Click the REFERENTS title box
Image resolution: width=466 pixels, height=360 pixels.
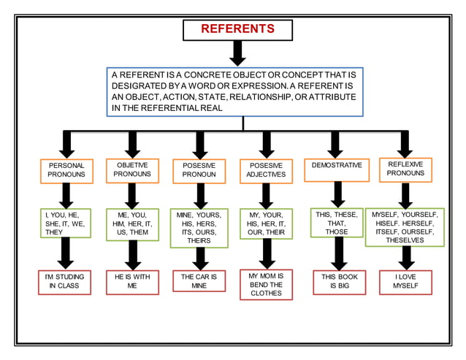click(237, 30)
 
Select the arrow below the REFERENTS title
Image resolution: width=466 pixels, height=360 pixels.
click(237, 53)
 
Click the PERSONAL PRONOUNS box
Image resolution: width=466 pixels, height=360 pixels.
click(66, 171)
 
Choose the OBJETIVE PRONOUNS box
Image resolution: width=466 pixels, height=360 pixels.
click(132, 170)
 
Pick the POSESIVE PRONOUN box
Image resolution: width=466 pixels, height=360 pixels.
click(199, 171)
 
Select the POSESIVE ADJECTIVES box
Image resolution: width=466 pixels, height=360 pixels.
click(266, 171)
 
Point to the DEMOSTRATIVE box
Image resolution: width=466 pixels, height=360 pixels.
click(337, 166)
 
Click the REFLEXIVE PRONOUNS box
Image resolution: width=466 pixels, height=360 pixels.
click(405, 169)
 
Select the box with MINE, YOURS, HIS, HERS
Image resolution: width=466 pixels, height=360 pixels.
click(199, 228)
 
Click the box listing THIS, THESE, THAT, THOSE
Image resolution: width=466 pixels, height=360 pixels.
click(337, 223)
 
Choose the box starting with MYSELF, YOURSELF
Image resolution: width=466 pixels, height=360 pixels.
click(405, 227)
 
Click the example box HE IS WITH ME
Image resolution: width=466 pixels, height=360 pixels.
click(132, 283)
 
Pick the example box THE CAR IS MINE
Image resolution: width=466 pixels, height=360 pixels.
click(199, 283)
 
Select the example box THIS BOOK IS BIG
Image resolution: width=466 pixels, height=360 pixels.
click(337, 283)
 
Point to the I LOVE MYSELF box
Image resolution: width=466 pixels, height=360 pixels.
click(405, 283)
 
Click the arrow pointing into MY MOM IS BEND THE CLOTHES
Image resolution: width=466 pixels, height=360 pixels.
click(267, 253)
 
